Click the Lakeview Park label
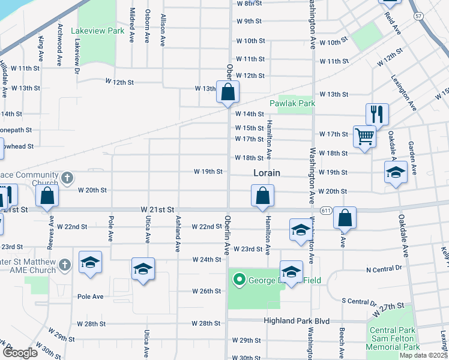pos(97,30)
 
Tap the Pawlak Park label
pos(292,103)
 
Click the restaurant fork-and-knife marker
pos(377,113)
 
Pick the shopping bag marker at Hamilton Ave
pos(262,196)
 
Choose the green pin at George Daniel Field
pos(240,279)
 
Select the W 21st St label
pos(157,209)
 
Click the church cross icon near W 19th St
pos(67,178)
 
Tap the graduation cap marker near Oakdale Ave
pos(396,173)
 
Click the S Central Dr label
pos(358,302)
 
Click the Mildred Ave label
pos(132,25)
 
